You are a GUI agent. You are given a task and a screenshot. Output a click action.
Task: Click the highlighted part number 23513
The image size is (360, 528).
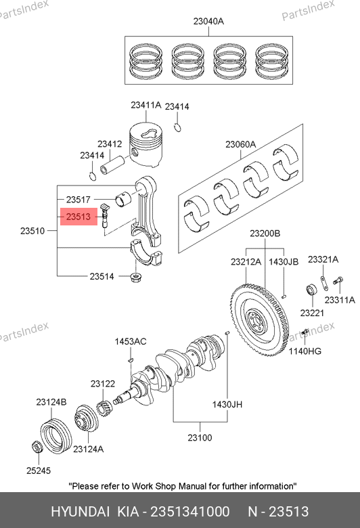click(78, 217)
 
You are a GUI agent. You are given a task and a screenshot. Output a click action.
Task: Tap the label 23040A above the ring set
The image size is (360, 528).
click(208, 21)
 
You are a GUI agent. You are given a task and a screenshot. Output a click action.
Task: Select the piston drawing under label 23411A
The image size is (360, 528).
click(147, 145)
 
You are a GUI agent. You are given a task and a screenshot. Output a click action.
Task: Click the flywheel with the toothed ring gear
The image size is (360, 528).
click(261, 320)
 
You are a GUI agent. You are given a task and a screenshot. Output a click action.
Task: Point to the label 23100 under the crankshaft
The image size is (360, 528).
click(200, 438)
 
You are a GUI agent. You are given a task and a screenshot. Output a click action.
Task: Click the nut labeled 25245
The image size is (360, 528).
click(37, 447)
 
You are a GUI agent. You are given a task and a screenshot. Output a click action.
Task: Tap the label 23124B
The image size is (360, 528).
click(51, 401)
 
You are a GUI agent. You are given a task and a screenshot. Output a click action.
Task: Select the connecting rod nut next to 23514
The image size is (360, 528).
click(135, 278)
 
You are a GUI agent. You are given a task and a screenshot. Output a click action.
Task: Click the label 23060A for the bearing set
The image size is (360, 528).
click(241, 144)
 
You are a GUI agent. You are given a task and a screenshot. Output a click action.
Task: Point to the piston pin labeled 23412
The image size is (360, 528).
click(113, 164)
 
